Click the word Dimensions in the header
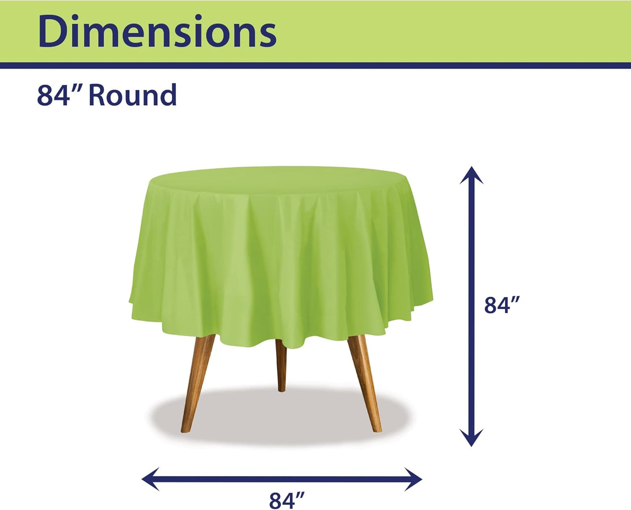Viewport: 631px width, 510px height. click(157, 31)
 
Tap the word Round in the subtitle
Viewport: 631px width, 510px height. click(132, 95)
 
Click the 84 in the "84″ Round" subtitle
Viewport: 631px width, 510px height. click(53, 95)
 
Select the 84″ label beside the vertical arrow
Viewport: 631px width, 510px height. click(502, 305)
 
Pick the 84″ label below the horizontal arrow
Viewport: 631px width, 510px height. click(287, 500)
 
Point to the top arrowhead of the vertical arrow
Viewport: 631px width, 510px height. click(471, 175)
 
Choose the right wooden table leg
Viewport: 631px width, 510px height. click(364, 380)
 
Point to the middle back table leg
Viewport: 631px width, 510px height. click(281, 365)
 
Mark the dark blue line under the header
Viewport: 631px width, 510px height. click(315, 65)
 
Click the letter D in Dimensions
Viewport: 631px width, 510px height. click(53, 31)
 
